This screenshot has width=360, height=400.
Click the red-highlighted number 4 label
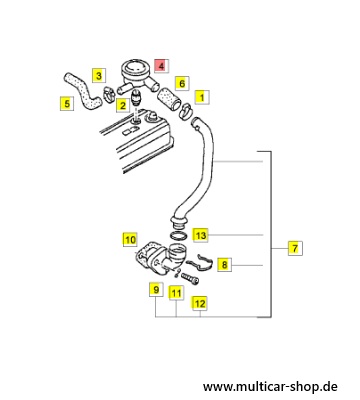(161, 66)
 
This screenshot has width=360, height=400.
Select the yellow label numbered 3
(99, 76)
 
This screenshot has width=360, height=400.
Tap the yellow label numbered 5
(67, 104)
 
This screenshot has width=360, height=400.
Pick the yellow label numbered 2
(123, 106)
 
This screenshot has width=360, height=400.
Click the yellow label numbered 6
(182, 83)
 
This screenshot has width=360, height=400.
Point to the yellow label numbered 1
(202, 97)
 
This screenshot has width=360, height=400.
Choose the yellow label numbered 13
(201, 235)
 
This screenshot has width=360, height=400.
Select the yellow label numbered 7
(295, 248)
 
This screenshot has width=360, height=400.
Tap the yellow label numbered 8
(224, 265)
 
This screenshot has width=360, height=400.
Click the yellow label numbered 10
(130, 239)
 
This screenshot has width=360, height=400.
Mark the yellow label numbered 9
(156, 290)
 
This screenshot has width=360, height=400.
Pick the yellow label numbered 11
(176, 293)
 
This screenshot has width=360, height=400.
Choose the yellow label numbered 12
(200, 303)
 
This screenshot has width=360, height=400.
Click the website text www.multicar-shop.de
(270, 387)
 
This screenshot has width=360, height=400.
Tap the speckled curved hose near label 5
(83, 93)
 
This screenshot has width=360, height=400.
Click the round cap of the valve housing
(134, 68)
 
